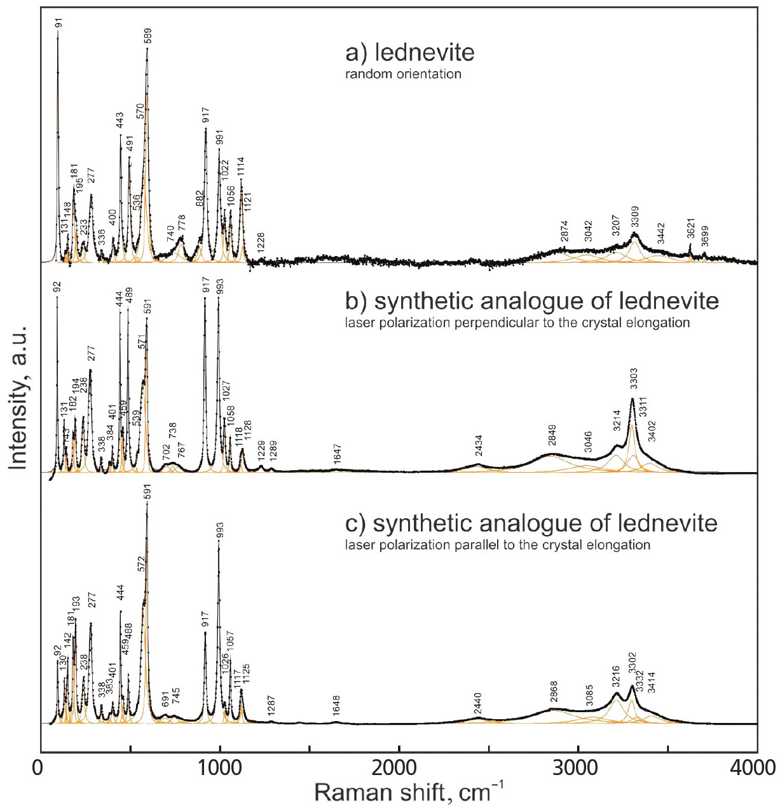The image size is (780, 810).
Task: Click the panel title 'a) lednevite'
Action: (409, 52)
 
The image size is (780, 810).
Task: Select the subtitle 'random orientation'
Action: (403, 74)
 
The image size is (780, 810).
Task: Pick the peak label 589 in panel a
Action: (148, 36)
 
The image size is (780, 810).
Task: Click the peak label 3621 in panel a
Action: (691, 229)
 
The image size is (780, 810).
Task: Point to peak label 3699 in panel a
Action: (704, 236)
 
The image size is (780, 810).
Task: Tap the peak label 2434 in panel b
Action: (479, 446)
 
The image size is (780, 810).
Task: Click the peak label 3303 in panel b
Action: (633, 379)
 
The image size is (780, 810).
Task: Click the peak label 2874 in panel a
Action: (564, 231)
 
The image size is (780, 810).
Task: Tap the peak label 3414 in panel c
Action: (651, 682)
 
